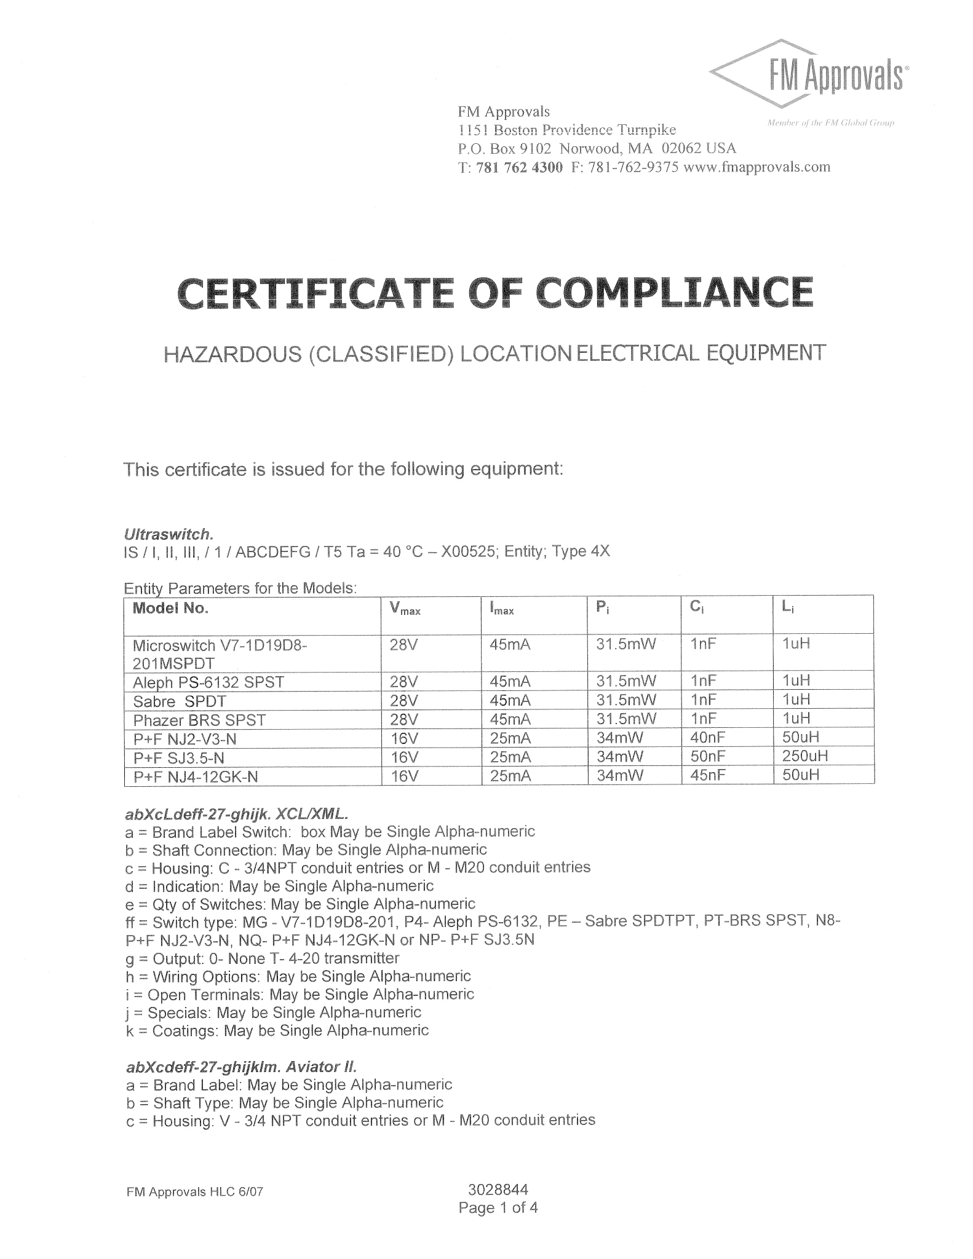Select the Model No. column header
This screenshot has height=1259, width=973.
click(170, 609)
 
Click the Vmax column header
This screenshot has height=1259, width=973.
click(405, 609)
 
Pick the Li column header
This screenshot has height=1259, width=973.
click(787, 607)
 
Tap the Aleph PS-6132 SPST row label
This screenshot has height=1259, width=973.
click(208, 682)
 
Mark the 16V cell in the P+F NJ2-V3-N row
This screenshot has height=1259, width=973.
click(404, 738)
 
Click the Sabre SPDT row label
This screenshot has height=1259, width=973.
click(180, 701)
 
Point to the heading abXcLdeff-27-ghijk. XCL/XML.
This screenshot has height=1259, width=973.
click(237, 815)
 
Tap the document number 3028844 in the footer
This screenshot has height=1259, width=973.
click(498, 1189)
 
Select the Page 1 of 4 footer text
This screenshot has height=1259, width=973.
click(498, 1208)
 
